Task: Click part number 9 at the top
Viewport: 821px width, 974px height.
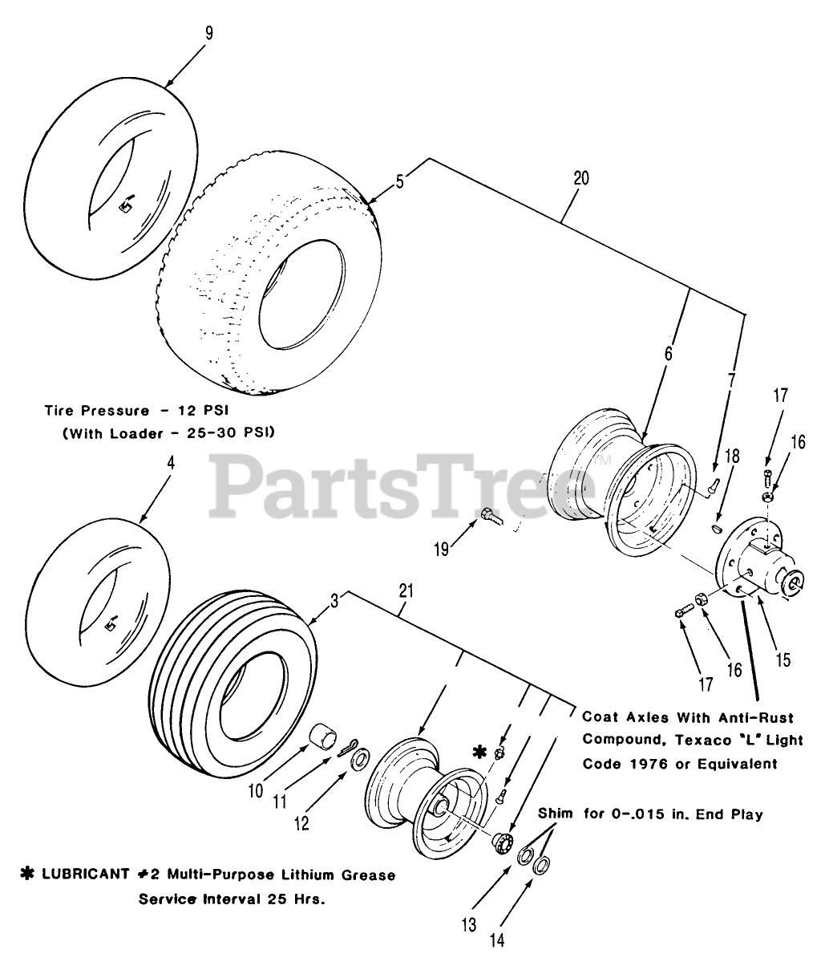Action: (209, 34)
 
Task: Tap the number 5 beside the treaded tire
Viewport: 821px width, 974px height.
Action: (400, 181)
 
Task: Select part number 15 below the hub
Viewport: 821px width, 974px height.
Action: (783, 659)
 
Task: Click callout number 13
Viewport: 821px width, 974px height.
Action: (469, 924)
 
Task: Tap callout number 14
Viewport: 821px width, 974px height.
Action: (497, 940)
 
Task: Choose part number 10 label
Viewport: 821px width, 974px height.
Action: (255, 790)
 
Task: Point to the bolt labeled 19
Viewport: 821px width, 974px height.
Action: (491, 517)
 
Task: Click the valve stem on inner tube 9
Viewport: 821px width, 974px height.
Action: (124, 206)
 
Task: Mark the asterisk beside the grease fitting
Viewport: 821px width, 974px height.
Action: (479, 752)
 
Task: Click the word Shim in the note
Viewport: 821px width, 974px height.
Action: (555, 814)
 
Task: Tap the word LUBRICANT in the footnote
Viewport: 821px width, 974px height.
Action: (75, 875)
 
